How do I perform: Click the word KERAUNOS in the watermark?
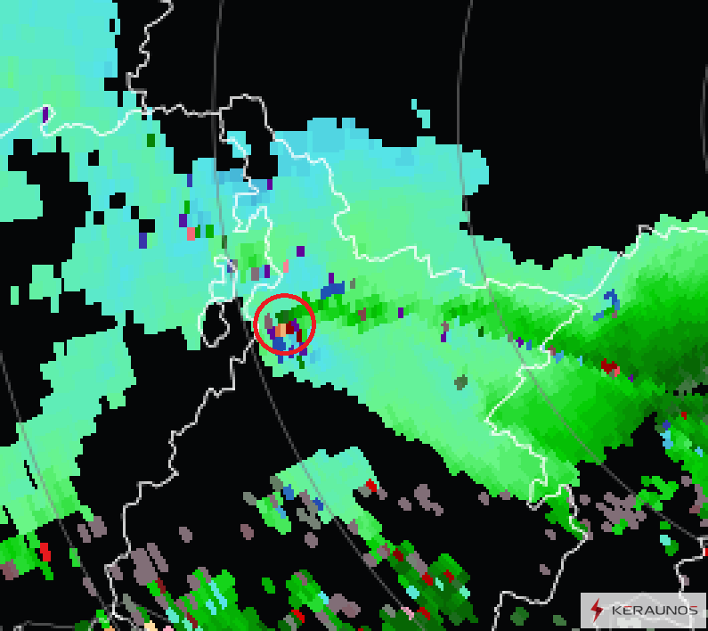[655, 611]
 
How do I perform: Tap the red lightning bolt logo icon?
[597, 611]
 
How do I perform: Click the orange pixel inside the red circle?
[281, 331]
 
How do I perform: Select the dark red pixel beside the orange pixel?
[290, 328]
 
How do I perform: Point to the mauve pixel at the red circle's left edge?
[266, 320]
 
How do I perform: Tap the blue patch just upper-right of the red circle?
[333, 289]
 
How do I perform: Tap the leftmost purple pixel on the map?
[45, 114]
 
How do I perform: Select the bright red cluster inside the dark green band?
[609, 365]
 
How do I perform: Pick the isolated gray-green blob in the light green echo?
[460, 382]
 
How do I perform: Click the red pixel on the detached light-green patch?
[370, 485]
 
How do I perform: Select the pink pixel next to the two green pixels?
[191, 234]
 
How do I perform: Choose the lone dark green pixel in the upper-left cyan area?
[151, 139]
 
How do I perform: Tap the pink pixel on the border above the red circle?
[285, 265]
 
